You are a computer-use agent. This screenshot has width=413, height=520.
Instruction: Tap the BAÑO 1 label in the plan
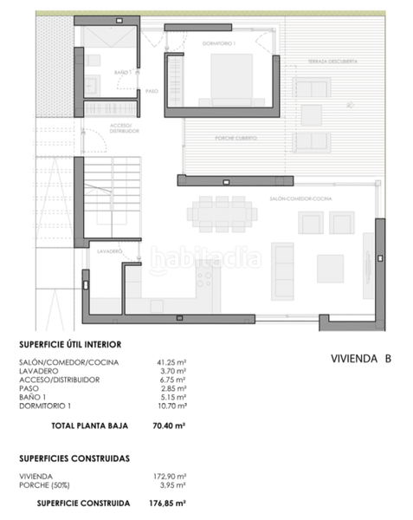[122, 73]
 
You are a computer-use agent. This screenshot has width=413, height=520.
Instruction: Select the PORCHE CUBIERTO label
[234, 139]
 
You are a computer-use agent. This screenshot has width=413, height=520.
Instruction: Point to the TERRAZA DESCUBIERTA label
[332, 62]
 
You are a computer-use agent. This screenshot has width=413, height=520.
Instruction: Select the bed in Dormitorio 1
[232, 79]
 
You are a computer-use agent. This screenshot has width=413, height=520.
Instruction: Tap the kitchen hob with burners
[206, 276]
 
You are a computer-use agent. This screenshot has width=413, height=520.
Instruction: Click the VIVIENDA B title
[361, 357]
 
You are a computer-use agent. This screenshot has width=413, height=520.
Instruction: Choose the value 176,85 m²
[173, 502]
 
